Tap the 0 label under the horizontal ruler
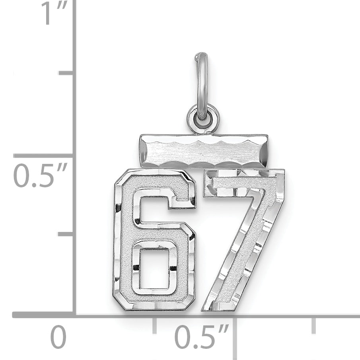point(58,338)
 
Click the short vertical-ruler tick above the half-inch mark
point(66,73)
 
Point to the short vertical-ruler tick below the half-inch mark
point(65,234)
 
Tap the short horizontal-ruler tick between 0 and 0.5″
point(154,325)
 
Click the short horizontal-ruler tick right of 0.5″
point(314,325)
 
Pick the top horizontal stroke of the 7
point(243,183)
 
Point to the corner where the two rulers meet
point(74,315)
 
